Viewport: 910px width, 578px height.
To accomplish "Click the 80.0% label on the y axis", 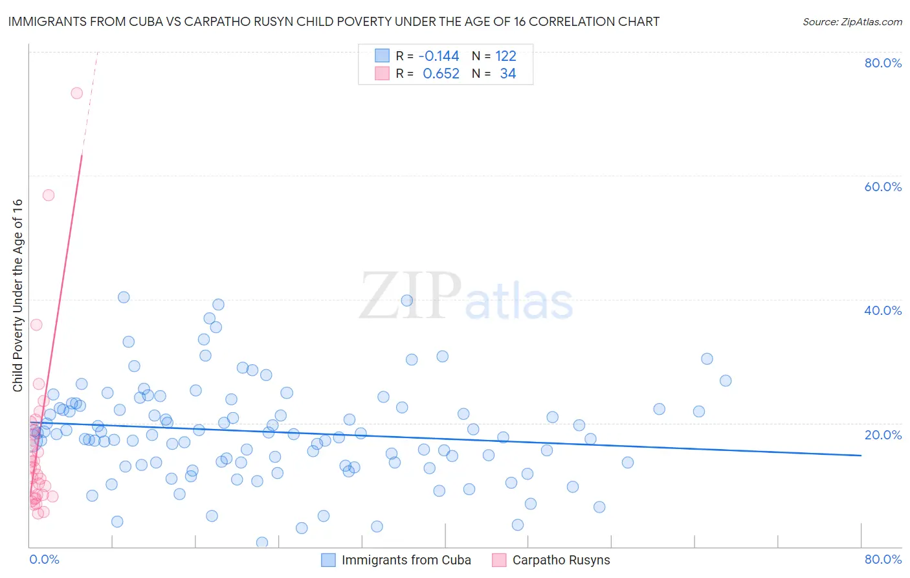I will click(x=883, y=63).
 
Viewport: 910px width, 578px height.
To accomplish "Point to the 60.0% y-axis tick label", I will click(x=883, y=187).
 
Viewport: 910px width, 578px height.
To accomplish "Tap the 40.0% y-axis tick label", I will click(x=883, y=310).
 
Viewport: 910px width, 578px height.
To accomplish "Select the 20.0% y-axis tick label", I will click(x=883, y=435).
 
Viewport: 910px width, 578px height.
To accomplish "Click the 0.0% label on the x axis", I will click(x=44, y=559).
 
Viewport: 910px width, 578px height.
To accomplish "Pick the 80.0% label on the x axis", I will click(x=883, y=559).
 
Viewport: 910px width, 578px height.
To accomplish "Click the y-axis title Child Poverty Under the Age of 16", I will click(x=18, y=295).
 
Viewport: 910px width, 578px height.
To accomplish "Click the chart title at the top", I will click(x=334, y=21).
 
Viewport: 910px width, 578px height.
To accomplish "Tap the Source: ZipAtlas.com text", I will click(x=852, y=21).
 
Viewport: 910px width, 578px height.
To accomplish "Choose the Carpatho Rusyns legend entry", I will click(x=560, y=560).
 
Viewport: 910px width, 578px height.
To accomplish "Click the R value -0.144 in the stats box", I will click(x=439, y=56).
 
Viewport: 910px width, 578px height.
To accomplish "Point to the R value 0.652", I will click(x=441, y=73).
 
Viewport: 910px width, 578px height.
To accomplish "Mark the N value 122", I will click(x=505, y=56).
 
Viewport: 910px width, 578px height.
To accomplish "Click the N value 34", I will click(x=507, y=73).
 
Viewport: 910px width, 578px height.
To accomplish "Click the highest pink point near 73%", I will click(x=76, y=93).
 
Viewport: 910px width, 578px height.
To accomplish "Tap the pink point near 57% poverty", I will click(x=49, y=195).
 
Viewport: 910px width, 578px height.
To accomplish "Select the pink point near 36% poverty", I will click(x=36, y=325).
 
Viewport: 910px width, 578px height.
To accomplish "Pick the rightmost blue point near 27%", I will click(x=726, y=380).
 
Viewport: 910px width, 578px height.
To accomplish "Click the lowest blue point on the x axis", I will click(x=262, y=542).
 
